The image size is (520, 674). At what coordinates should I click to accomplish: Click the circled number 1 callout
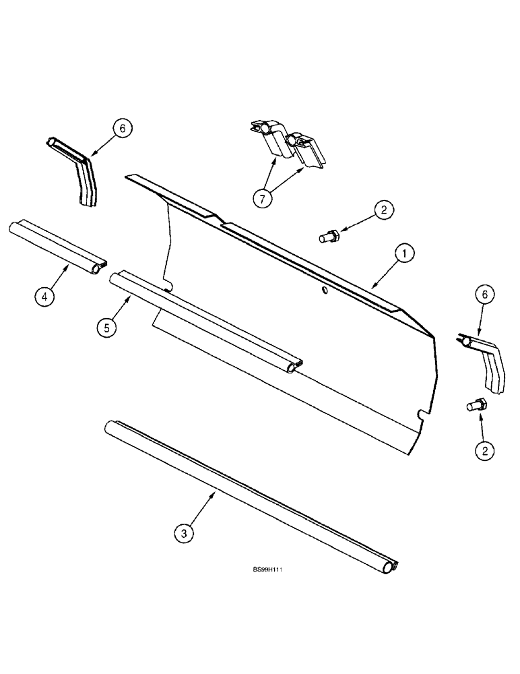click(x=403, y=254)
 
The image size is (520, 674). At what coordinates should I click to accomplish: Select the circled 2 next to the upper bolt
click(x=383, y=211)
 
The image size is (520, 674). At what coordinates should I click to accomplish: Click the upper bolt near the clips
click(x=329, y=236)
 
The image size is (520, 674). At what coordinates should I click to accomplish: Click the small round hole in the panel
click(x=324, y=290)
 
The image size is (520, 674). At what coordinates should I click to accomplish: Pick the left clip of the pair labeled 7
click(x=273, y=140)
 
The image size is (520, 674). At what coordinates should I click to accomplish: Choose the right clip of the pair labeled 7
click(x=306, y=150)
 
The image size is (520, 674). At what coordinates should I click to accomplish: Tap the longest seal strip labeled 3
click(x=249, y=495)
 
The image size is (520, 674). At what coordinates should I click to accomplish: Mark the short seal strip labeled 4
click(x=58, y=247)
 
